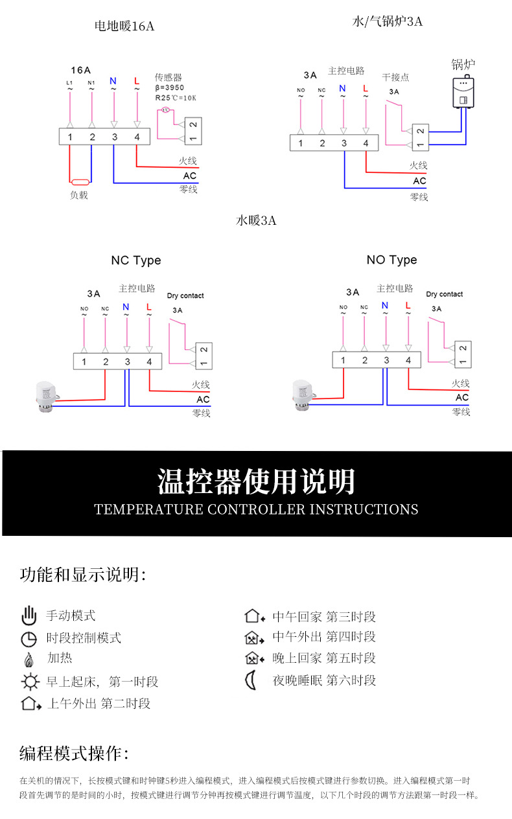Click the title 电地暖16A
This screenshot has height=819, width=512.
coord(124,27)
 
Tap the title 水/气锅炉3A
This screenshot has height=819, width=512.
coord(387,21)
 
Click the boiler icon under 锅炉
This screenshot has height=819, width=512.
coord(463,91)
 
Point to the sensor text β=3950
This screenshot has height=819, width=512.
coord(170,87)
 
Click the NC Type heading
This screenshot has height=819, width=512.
coord(135,260)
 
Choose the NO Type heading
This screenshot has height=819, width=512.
coord(391,260)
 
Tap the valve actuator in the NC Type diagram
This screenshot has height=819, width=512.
coord(43,395)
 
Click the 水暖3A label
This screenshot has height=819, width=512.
coord(256,221)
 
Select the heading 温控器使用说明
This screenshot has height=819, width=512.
coord(256,481)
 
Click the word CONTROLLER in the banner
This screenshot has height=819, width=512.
coord(256,509)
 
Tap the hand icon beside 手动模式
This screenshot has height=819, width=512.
coord(29,616)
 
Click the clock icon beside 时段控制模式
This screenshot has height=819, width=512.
coord(29,639)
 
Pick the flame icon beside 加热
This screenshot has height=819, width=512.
coord(29,660)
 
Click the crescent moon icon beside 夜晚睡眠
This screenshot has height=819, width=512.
coord(251,680)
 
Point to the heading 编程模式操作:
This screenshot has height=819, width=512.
coord(75,754)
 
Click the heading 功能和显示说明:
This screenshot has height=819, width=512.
coord(83,575)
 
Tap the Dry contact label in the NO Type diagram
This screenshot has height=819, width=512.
coord(444,294)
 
